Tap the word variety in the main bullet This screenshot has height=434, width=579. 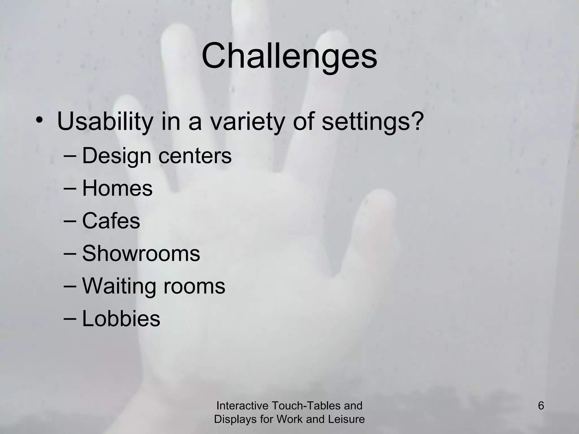246,122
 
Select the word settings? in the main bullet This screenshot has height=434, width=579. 373,122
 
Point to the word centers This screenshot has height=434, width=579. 195,156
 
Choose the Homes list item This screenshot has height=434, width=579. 117,188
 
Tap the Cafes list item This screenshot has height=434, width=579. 111,221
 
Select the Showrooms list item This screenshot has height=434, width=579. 141,253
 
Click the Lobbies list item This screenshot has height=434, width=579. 121,319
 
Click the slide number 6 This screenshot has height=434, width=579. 541,406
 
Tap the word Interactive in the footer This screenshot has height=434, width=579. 242,406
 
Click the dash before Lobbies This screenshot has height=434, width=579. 70,318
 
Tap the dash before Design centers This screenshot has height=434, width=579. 70,156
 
